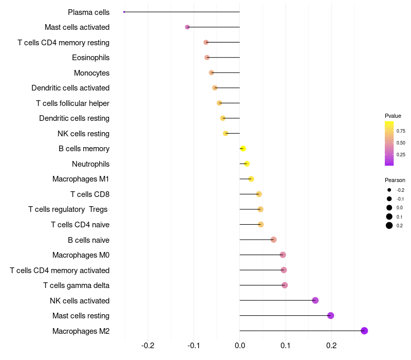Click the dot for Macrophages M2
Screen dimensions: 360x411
364,331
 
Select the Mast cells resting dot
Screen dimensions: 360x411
330,315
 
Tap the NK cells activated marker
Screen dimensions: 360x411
315,300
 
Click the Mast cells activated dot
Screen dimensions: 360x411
187,27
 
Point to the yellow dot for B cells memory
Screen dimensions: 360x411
243,149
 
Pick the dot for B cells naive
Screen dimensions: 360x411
273,240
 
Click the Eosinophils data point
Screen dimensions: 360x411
207,58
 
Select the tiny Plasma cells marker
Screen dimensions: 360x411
124,12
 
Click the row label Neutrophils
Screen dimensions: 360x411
90,164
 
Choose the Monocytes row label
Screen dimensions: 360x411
91,73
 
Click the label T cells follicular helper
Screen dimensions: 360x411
72,103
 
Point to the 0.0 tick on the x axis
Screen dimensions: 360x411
240,345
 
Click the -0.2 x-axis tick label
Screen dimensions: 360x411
148,345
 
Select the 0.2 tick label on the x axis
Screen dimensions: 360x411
331,345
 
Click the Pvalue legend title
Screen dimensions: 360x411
393,116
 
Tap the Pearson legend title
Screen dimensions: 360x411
395,180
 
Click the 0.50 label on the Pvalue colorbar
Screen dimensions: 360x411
401,142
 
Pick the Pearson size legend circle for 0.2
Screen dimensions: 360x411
389,225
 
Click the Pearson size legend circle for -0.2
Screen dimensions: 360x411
389,190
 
